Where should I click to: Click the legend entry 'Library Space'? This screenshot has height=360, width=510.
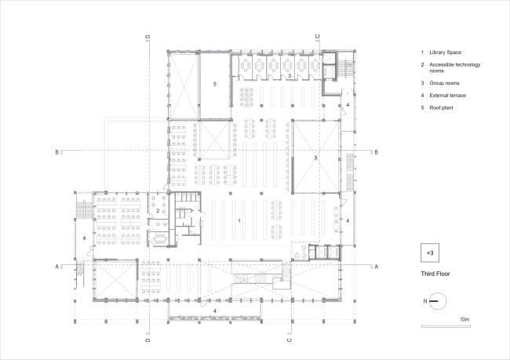tap(443, 52)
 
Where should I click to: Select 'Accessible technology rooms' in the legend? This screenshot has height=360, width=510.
tap(452, 67)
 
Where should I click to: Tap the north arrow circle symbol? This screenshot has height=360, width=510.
tap(438, 300)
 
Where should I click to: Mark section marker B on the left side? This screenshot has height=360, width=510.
tap(58, 151)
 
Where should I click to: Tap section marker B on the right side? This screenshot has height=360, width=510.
tap(377, 151)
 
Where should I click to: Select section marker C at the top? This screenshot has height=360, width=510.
tap(318, 36)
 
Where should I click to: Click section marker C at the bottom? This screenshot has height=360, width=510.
tap(289, 341)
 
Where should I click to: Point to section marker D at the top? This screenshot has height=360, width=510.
tap(148, 36)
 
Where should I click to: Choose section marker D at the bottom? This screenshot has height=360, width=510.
tap(148, 341)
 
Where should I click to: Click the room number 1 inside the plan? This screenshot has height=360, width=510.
tap(239, 221)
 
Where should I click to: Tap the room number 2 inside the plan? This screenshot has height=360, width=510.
tap(158, 211)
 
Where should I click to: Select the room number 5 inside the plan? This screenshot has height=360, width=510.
tap(213, 82)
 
